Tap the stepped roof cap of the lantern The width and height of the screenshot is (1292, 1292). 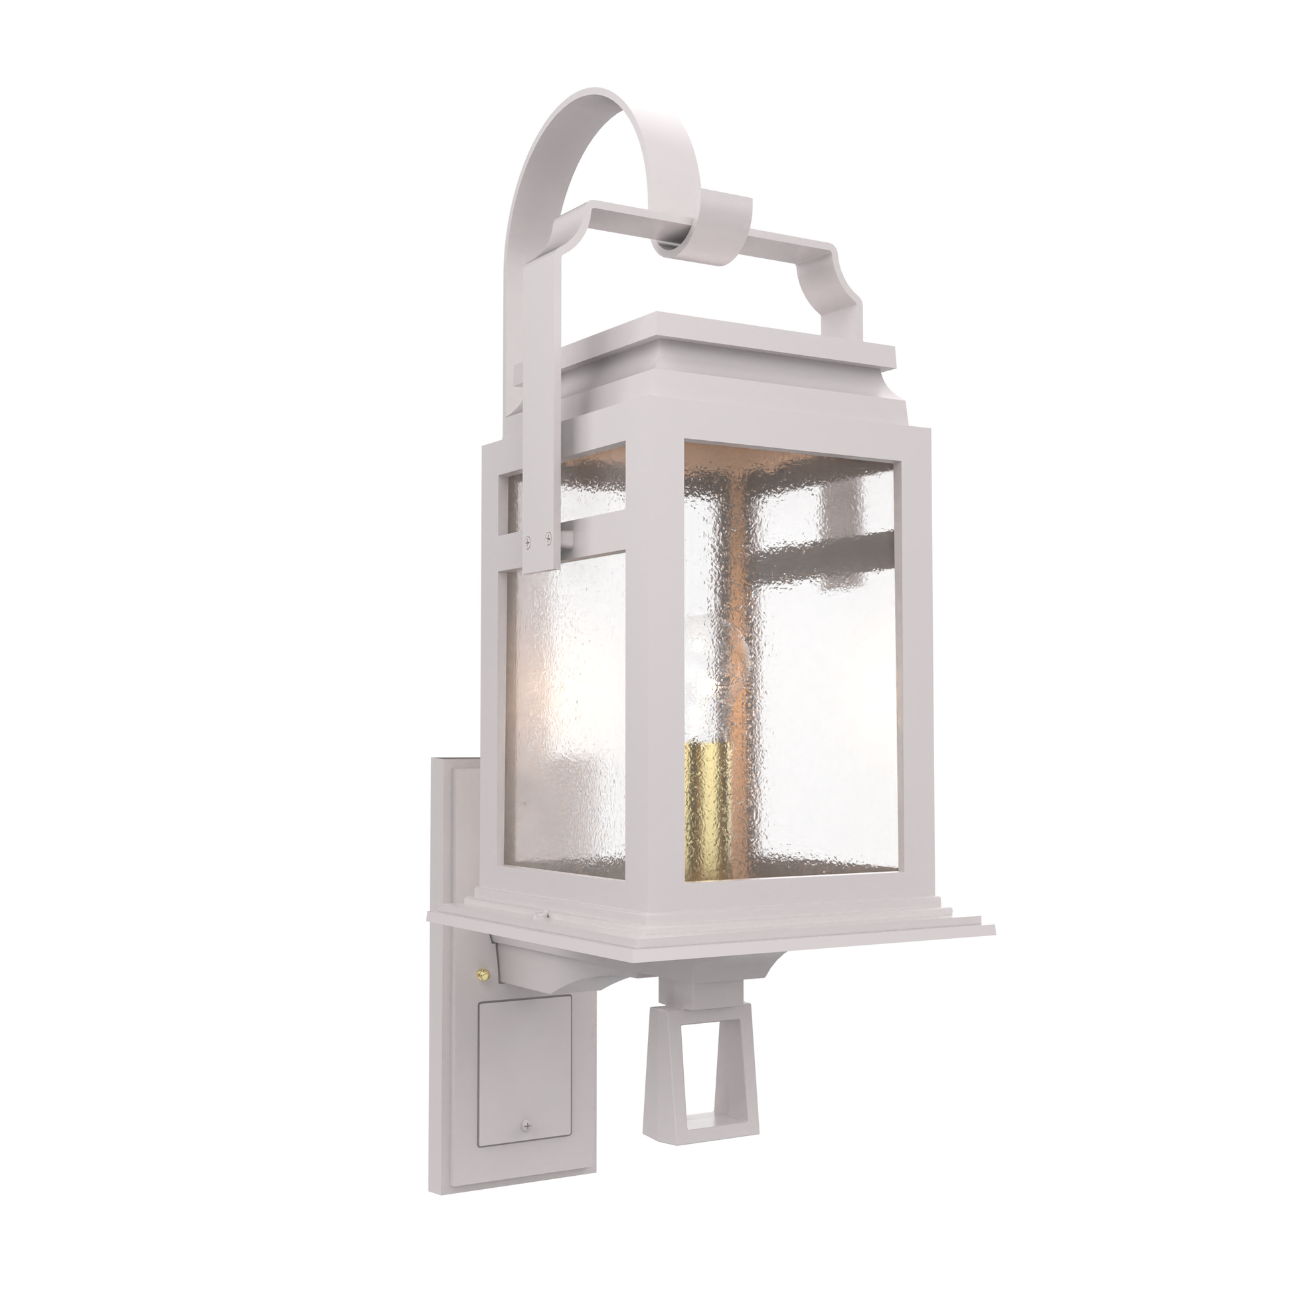pyautogui.click(x=729, y=348)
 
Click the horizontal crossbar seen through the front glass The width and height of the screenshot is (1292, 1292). pyautogui.click(x=823, y=552)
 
